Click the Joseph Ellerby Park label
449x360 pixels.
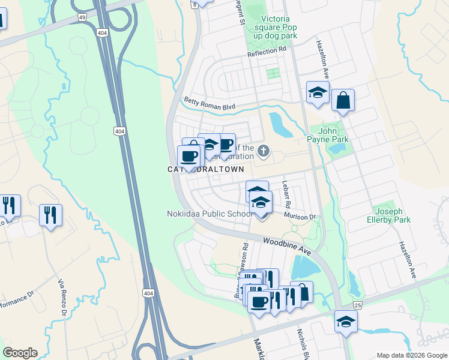click(x=393, y=216)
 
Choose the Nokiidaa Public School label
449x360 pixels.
click(x=209, y=214)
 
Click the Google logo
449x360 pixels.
click(x=20, y=353)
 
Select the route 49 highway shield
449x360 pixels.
click(x=82, y=18)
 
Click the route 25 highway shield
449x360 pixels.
click(x=358, y=306)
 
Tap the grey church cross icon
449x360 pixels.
click(x=264, y=151)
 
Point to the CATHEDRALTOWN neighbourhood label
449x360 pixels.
click(x=206, y=170)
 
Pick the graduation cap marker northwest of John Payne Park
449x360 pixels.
click(x=318, y=92)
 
